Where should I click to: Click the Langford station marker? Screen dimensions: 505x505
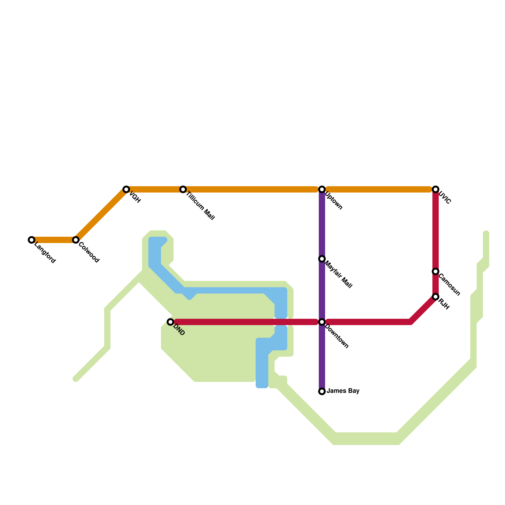31,240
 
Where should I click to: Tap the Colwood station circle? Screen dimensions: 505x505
75,240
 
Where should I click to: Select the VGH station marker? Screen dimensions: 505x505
126,189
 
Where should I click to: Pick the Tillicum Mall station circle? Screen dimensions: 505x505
183,189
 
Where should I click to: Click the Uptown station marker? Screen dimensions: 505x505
322,189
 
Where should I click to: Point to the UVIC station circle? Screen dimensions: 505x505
436,189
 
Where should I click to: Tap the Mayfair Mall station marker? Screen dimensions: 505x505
322,259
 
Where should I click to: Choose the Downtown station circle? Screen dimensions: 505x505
322,322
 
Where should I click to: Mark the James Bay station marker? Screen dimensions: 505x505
322,391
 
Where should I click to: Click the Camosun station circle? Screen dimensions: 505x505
436,271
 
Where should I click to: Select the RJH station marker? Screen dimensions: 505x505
436,297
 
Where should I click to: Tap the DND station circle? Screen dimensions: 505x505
170,322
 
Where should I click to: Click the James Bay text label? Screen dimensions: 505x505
343,391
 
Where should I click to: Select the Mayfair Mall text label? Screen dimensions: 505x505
338,275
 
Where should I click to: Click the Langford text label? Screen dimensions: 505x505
45,253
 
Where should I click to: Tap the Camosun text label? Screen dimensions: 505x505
449,285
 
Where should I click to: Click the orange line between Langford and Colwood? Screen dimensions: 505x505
53,240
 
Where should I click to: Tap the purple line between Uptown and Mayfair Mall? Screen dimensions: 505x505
322,224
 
